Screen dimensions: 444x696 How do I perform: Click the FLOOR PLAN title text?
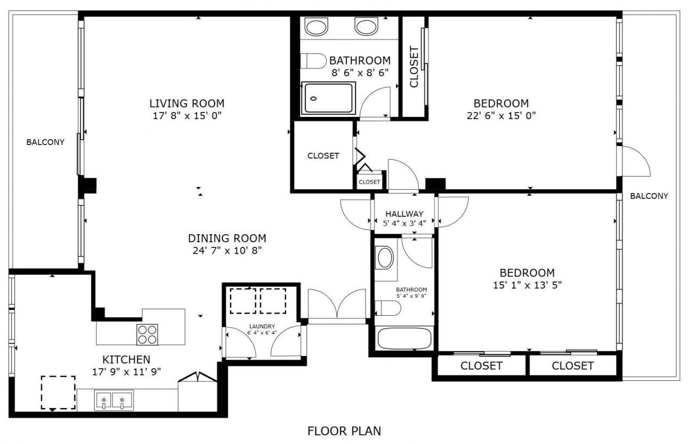pos(344,432)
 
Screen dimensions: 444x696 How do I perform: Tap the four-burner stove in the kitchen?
pos(147,334)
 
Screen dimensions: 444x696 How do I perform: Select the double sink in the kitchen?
pos(114,402)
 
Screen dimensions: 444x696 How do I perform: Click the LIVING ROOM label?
pos(187,103)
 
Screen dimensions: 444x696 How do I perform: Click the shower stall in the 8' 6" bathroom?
pos(328,98)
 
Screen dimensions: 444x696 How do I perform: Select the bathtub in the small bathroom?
pos(404,339)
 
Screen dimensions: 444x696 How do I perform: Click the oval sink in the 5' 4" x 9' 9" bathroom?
pos(385,258)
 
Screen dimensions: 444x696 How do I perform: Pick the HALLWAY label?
pos(404,214)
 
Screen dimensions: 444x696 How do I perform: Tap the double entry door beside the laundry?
pos(337,305)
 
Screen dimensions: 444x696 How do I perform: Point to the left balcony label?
pos(45,142)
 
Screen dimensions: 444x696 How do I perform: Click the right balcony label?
pos(649,196)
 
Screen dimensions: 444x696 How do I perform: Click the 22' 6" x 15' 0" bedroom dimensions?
pos(501,115)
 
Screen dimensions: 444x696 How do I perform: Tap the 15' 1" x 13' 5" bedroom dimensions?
pos(527,285)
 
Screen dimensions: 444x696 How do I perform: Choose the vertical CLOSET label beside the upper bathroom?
pos(414,67)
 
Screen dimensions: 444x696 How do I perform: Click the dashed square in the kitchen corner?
pos(58,392)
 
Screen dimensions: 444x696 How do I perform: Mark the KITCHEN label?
pos(126,360)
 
